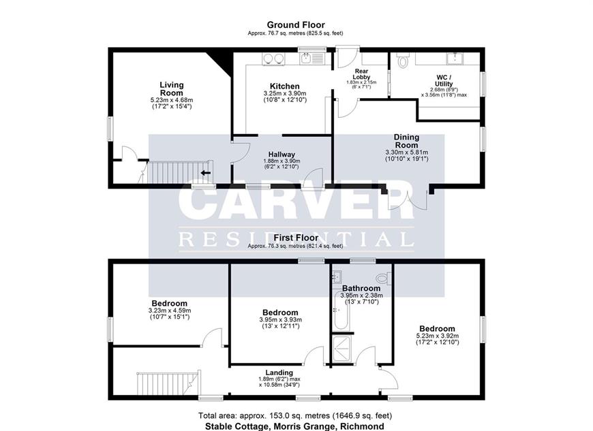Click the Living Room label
pos(171,89)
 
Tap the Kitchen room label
pos(285,86)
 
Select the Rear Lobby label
pos(361,74)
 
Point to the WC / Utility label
pos(444,81)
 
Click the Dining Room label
pos(406,141)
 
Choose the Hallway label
pos(282,155)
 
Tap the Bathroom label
pos(361,288)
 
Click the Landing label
pos(279,372)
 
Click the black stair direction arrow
pos(206,173)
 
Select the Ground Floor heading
pos(296,25)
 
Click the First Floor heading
pos(296,238)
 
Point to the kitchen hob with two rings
pos(273,59)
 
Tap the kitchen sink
pos(312,58)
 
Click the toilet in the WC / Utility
pos(402,60)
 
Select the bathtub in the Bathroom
pos(342,310)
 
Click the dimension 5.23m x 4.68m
pos(171,100)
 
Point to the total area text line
pos(295,416)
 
